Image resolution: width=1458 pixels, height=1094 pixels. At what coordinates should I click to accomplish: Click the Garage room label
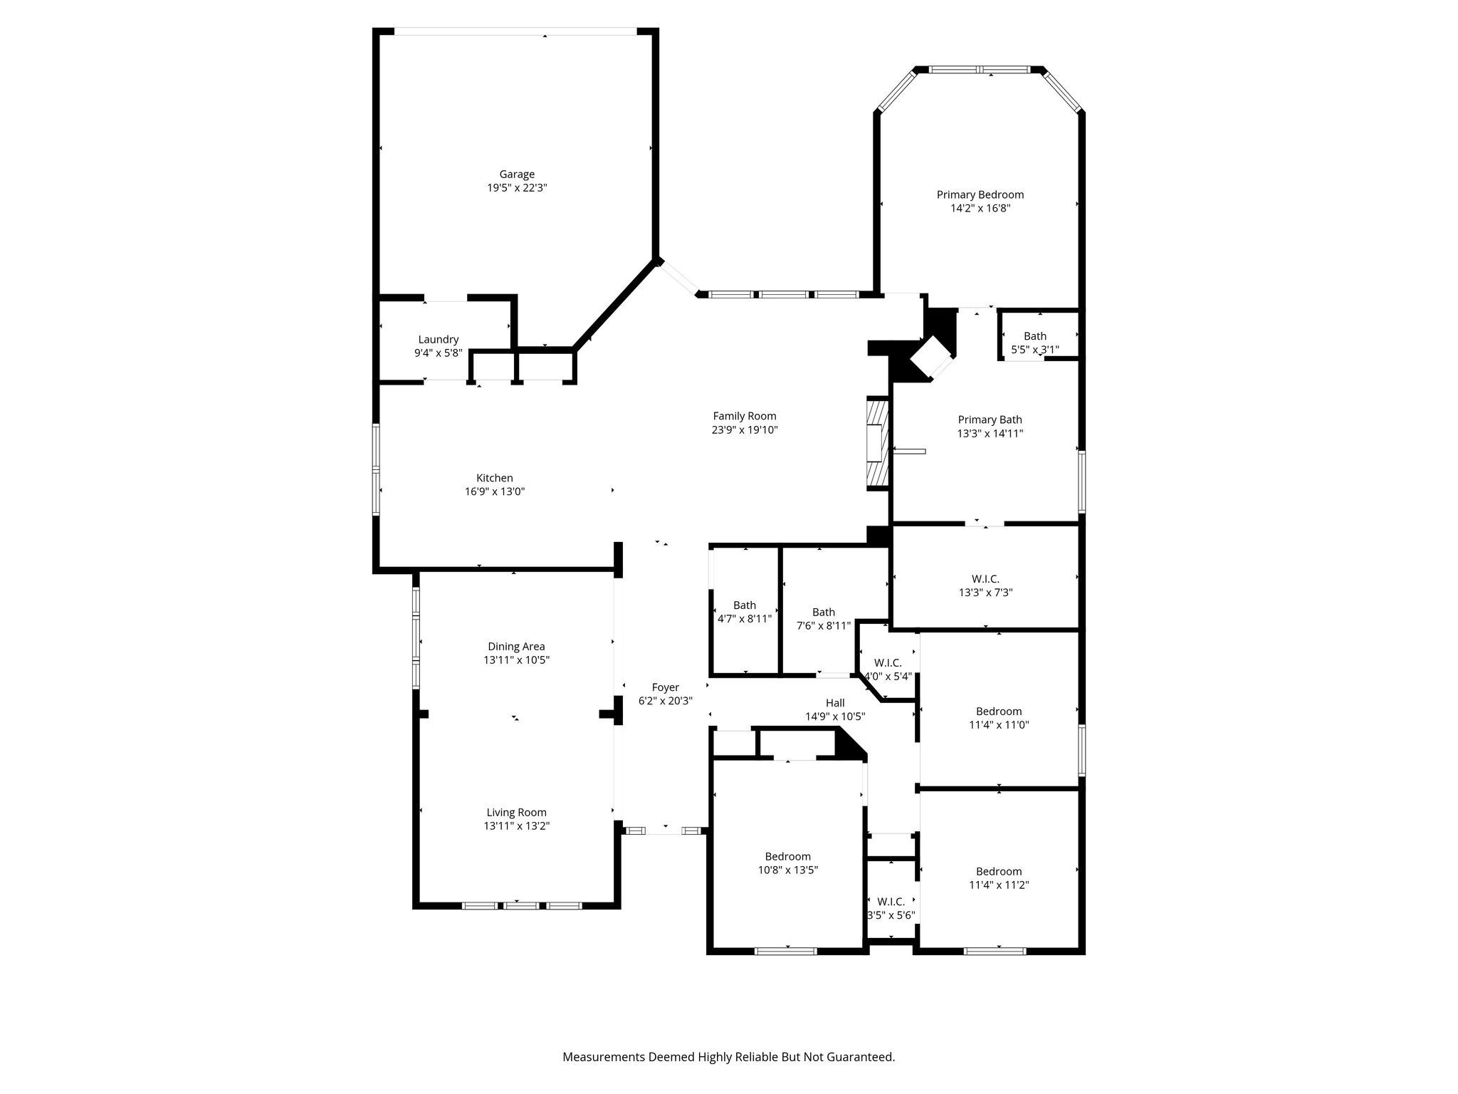(x=516, y=174)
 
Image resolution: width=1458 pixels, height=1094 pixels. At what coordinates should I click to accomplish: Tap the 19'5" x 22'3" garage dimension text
(x=516, y=188)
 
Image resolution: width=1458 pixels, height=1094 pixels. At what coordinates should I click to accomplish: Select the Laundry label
(x=438, y=340)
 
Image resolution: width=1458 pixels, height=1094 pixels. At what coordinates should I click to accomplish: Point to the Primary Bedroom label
(x=980, y=194)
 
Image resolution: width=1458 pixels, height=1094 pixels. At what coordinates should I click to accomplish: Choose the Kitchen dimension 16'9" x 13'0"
(x=494, y=491)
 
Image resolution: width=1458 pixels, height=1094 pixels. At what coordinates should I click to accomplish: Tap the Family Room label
(x=744, y=416)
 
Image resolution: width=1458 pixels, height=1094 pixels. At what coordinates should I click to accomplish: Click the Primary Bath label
(x=990, y=420)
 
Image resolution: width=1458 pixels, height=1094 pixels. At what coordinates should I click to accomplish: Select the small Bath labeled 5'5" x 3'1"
(x=1034, y=343)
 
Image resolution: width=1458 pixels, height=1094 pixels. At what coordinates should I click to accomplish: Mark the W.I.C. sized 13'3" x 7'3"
(x=985, y=585)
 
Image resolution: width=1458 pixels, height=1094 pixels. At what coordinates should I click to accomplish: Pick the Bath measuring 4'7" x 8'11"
(x=744, y=612)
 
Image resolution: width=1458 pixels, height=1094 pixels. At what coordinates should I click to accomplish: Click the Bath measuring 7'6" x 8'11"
(x=823, y=618)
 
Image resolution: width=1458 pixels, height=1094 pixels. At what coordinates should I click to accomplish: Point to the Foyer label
(x=665, y=687)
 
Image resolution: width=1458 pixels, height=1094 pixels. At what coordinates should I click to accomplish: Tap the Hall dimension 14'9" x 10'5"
(x=834, y=717)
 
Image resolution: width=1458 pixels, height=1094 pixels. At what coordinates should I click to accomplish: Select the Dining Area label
(x=516, y=647)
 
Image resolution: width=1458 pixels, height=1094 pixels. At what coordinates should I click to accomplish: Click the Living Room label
(x=516, y=812)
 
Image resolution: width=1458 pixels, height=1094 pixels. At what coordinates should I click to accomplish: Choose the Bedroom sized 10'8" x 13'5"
(x=787, y=863)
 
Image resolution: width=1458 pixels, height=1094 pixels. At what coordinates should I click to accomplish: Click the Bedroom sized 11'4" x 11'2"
(x=998, y=878)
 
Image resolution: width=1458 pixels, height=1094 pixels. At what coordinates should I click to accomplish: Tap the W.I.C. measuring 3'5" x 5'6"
(x=891, y=908)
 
